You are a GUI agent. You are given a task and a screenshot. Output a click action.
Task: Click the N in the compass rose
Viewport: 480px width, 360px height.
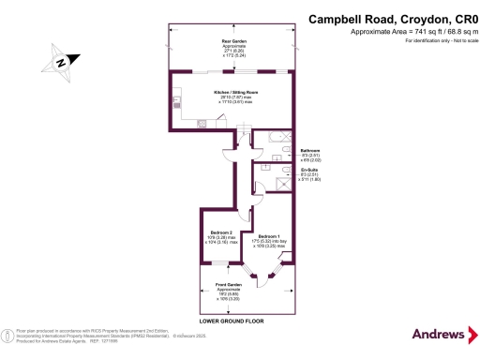point(61,63)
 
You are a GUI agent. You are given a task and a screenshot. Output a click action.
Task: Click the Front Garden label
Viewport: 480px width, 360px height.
point(229,288)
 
